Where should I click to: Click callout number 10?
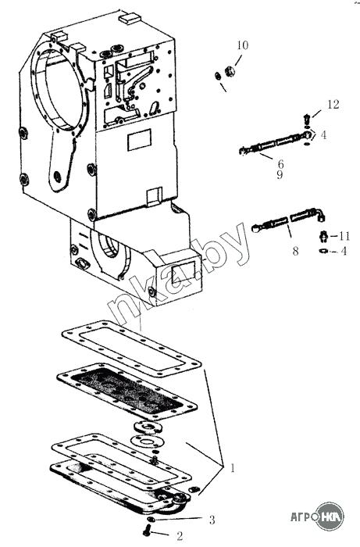(243, 45)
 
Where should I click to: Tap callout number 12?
(333, 104)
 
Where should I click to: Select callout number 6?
(280, 164)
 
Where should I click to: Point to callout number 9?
(280, 175)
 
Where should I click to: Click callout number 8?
(295, 251)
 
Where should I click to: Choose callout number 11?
(344, 236)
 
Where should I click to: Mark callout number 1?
(233, 467)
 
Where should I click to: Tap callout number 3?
(212, 520)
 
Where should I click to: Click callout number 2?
(180, 536)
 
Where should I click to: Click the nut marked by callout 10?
(230, 72)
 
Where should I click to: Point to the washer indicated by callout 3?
(150, 520)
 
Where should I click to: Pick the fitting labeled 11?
(323, 236)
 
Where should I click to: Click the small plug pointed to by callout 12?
(306, 119)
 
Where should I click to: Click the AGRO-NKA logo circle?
(330, 517)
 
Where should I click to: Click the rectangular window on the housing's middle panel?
(140, 140)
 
